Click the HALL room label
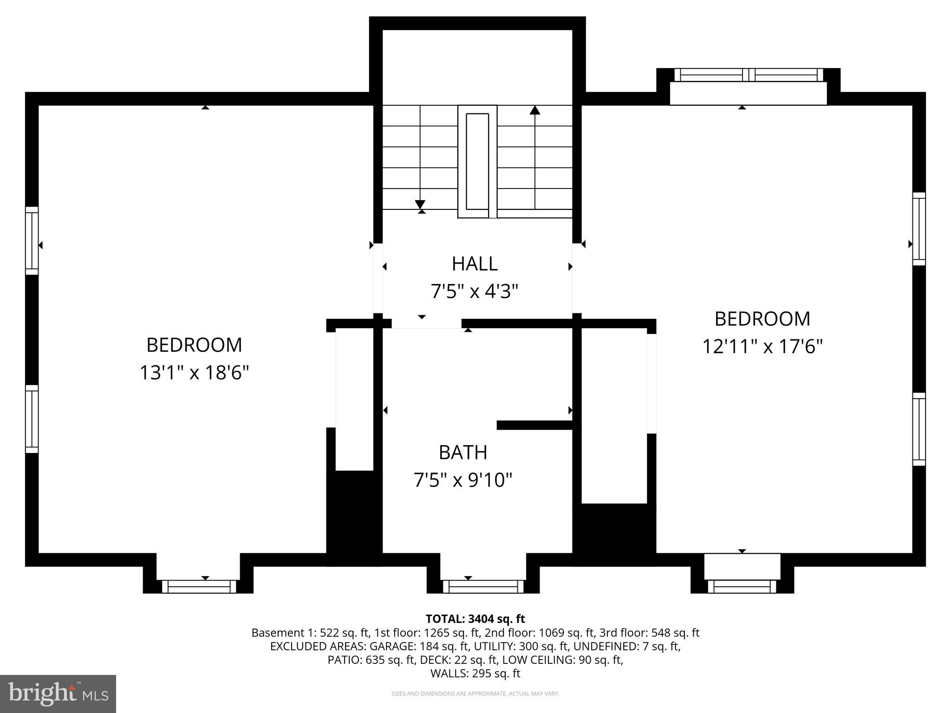[475, 264]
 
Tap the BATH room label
[463, 452]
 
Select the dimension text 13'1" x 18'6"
[195, 372]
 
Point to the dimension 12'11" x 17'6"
[762, 346]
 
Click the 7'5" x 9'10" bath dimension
[463, 480]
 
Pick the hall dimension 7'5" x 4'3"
[475, 292]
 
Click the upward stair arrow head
[535, 110]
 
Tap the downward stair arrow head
[420, 204]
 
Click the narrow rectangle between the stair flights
[477, 161]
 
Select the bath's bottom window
[483, 587]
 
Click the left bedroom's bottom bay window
[199, 587]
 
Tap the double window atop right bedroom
[748, 75]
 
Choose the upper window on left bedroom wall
[32, 240]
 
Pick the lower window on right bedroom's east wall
[919, 429]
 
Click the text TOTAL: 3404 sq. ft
[475, 619]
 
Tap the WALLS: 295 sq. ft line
[475, 674]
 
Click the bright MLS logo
[58, 694]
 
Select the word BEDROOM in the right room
[762, 319]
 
